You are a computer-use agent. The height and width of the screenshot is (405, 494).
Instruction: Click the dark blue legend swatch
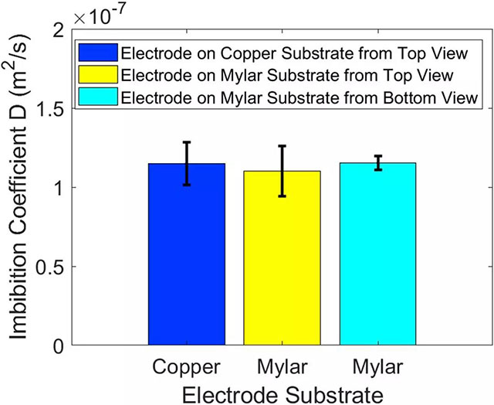[98, 53]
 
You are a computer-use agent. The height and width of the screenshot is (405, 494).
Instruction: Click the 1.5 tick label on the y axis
[48, 108]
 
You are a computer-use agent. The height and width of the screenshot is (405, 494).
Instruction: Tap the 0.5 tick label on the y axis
[48, 266]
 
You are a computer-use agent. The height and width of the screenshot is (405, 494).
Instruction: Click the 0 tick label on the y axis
[56, 345]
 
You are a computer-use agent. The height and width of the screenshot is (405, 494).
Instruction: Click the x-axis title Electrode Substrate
[282, 393]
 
